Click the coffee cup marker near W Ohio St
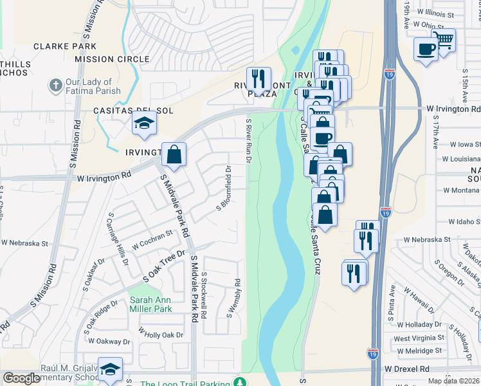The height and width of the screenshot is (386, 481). pos(426,49)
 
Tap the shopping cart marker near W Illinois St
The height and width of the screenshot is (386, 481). pos(444,39)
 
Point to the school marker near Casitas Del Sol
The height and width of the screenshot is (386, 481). pos(145,122)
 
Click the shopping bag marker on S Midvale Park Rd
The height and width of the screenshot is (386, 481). pos(174,154)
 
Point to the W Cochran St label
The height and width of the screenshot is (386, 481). pos(152,241)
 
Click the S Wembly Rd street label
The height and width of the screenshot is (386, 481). pos(233,297)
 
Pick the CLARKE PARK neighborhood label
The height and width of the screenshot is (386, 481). pos(65,46)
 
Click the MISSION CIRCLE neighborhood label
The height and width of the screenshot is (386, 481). pos(112,59)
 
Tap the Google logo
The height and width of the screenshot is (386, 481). pos(21,378)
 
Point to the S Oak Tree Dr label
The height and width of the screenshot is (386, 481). pos(163,264)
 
